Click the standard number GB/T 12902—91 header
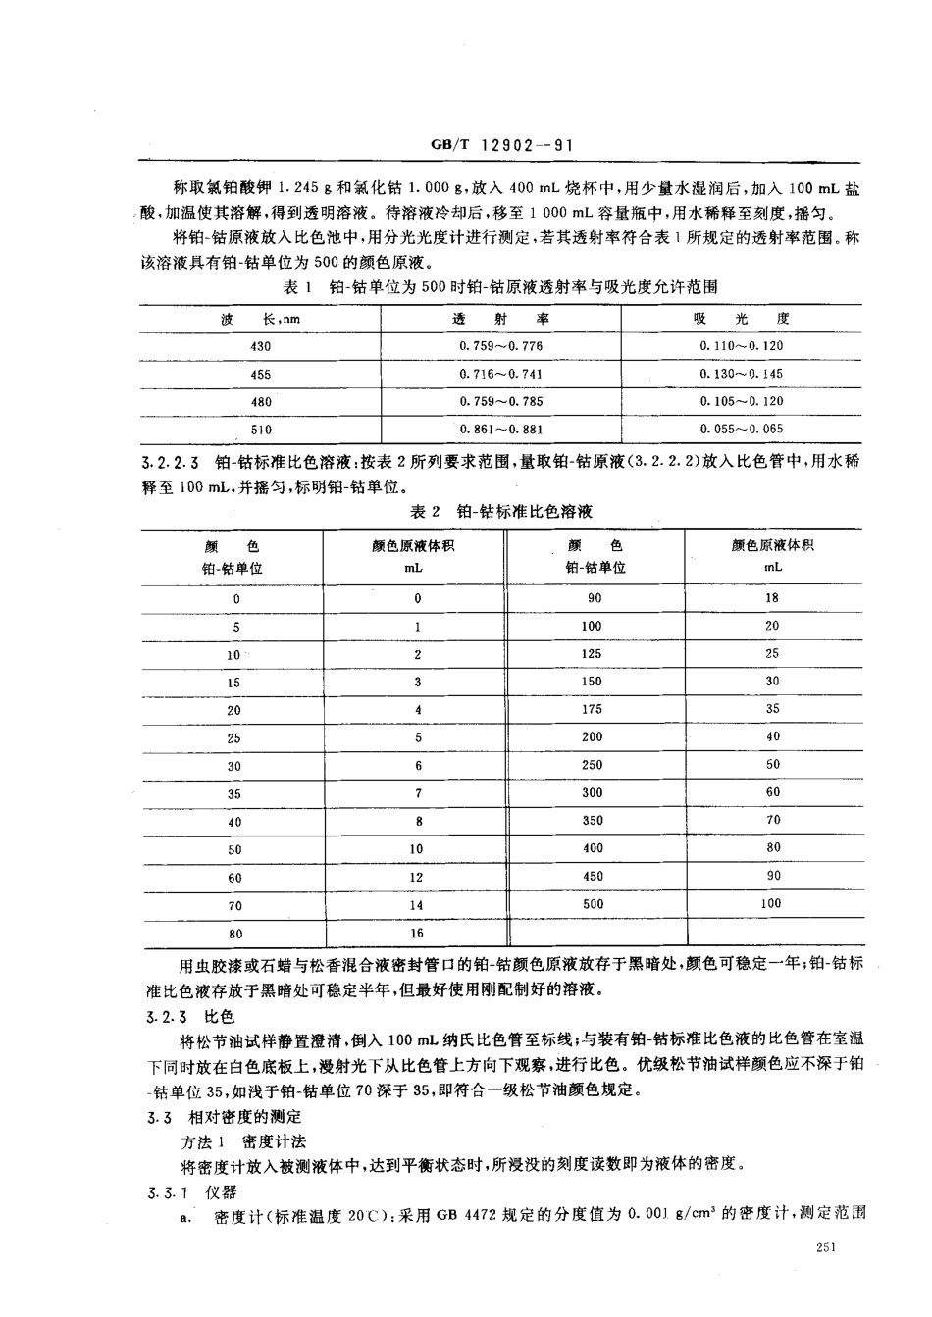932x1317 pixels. [x=500, y=145]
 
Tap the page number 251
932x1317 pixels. [x=824, y=1245]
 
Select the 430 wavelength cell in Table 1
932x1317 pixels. [x=260, y=346]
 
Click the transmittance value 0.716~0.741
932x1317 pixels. [x=500, y=374]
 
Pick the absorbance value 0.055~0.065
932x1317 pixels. [x=742, y=429]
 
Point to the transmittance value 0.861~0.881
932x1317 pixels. [x=500, y=429]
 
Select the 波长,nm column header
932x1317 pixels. [x=260, y=319]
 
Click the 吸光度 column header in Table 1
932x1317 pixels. [x=742, y=319]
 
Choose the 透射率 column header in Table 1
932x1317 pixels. [x=500, y=319]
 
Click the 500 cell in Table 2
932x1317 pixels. [x=593, y=903]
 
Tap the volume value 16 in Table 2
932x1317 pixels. [x=417, y=934]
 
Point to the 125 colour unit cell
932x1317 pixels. [x=593, y=653]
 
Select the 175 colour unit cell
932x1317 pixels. [x=593, y=708]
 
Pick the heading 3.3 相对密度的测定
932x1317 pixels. [x=224, y=1117]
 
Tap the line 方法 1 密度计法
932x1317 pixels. [x=244, y=1141]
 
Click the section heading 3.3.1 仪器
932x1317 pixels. [x=192, y=1191]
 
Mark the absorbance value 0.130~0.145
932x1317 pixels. [x=742, y=374]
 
